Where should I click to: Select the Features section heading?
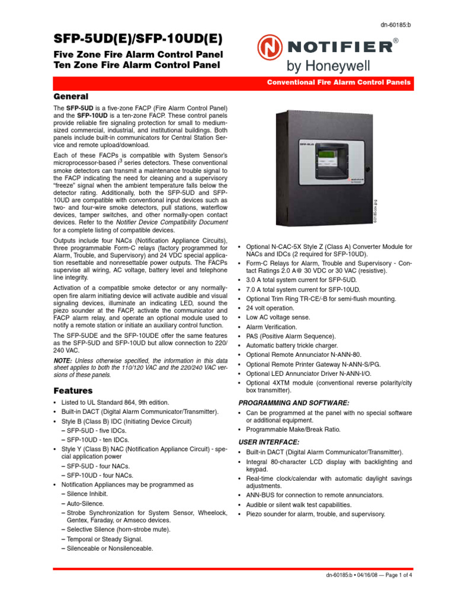(73, 391)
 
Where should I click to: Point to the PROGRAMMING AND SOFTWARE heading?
(293, 402)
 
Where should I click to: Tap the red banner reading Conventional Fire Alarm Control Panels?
(338, 82)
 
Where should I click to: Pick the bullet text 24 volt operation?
(270, 308)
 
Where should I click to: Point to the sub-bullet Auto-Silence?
(82, 503)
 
